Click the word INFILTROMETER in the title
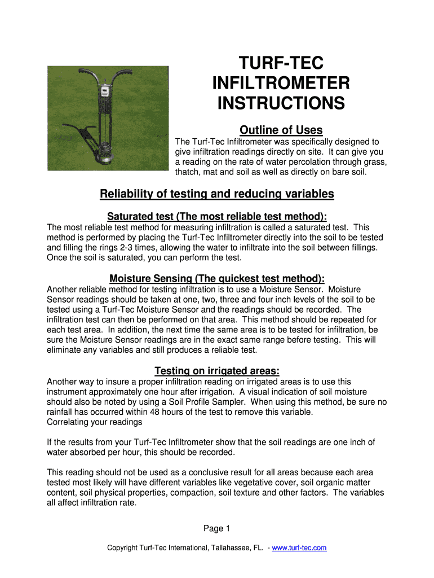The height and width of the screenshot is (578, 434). click(281, 84)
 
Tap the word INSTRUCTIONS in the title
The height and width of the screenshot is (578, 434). click(281, 104)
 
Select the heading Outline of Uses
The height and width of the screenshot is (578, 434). click(281, 130)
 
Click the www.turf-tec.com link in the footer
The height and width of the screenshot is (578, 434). click(299, 548)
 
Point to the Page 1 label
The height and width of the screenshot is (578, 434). click(217, 528)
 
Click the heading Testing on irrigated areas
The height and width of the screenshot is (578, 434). click(217, 371)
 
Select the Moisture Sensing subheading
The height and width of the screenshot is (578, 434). click(217, 278)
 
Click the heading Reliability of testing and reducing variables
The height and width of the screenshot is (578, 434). click(217, 194)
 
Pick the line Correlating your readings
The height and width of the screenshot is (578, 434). click(94, 422)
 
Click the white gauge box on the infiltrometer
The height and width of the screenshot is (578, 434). click(105, 92)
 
